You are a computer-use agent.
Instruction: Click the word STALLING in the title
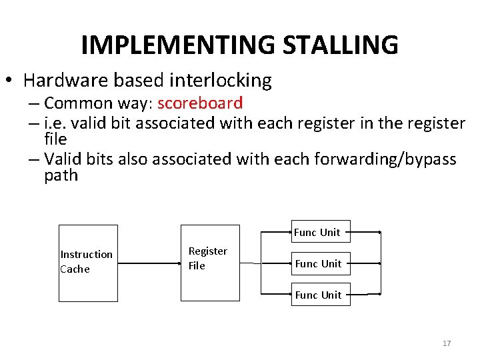(340, 45)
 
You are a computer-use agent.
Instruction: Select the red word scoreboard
(200, 103)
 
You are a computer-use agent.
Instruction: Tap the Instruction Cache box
(89, 263)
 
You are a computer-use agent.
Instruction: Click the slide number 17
(447, 343)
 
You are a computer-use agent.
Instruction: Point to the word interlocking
(221, 81)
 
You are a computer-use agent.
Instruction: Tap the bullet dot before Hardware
(10, 81)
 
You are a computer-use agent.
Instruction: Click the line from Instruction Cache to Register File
(150, 263)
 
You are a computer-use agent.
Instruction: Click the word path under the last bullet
(61, 175)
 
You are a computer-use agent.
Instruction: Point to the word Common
(73, 103)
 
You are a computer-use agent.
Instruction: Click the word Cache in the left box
(75, 269)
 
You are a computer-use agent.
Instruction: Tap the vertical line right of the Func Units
(380, 263)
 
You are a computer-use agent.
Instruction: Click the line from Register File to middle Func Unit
(265, 263)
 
